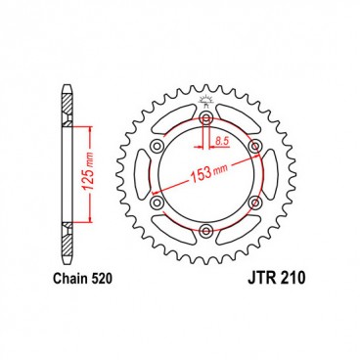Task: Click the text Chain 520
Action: (x=83, y=279)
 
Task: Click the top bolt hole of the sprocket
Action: (x=205, y=117)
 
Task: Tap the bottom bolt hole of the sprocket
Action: (x=205, y=231)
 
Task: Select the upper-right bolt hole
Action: (x=254, y=146)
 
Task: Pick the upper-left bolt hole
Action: (x=157, y=146)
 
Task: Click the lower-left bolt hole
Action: (x=157, y=202)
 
